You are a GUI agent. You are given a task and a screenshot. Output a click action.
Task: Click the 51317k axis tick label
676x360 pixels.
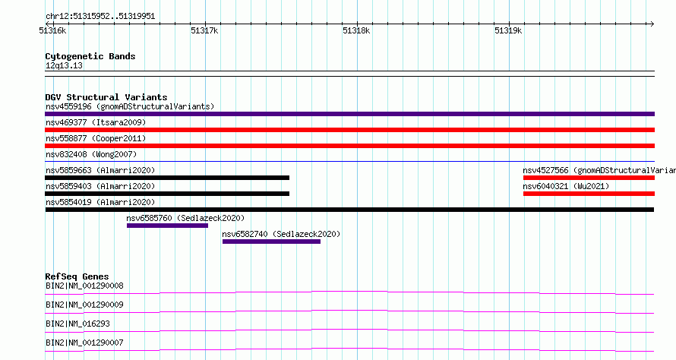(204, 30)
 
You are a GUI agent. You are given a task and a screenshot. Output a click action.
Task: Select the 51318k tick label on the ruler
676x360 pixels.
(356, 30)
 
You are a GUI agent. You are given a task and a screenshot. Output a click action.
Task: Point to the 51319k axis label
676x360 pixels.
(508, 30)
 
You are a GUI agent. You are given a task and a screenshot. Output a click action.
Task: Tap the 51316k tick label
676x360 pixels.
(52, 30)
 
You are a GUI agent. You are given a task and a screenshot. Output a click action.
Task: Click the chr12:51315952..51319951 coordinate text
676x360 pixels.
(100, 17)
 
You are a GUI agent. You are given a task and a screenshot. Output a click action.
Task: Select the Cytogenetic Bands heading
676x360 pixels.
(90, 56)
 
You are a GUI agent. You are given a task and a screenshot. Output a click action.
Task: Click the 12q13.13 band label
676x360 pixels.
(64, 65)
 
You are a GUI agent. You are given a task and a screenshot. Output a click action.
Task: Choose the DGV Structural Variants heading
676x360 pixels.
(106, 97)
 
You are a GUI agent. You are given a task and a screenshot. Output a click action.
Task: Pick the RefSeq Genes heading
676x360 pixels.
(77, 276)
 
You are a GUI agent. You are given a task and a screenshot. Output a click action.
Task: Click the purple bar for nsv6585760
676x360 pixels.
(167, 226)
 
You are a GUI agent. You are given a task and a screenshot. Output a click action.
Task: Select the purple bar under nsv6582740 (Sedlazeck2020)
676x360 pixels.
(272, 242)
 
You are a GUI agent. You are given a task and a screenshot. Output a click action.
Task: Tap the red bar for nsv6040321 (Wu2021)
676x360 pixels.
(589, 194)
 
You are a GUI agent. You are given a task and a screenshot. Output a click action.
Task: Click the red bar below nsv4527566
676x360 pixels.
(589, 178)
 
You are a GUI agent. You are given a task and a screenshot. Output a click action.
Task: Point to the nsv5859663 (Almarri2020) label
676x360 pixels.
(100, 170)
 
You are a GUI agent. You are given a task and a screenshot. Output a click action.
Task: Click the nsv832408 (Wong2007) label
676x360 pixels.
(91, 154)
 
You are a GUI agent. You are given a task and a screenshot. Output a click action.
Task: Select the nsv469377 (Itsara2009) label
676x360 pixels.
(96, 122)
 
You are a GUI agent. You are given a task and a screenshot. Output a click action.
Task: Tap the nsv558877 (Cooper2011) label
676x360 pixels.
(96, 138)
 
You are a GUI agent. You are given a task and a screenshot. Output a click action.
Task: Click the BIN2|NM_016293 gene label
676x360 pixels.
(77, 324)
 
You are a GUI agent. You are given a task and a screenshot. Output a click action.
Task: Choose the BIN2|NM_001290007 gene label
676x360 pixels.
(84, 343)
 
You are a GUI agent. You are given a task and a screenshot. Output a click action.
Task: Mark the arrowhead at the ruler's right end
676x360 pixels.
(652, 24)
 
